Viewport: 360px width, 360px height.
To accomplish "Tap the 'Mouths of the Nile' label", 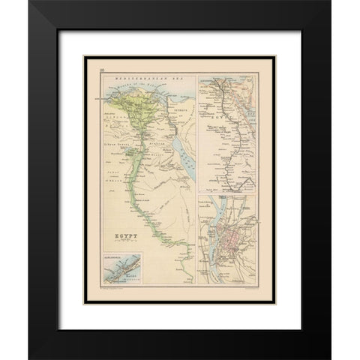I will point(130,88).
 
